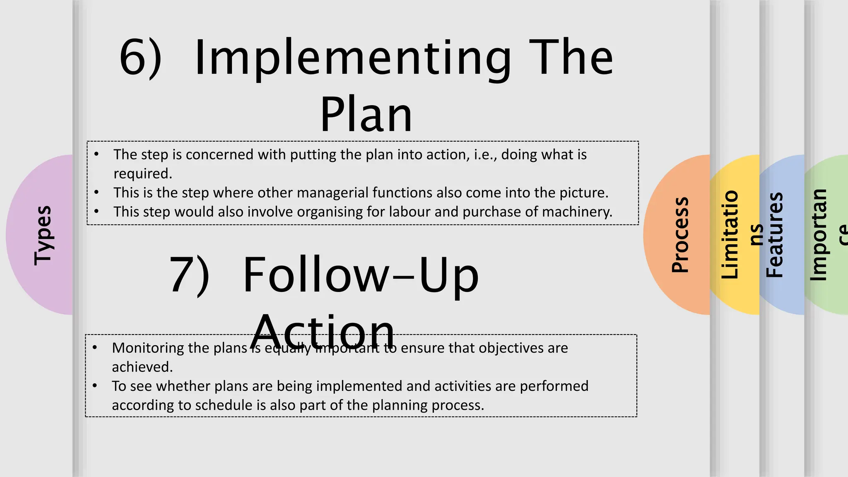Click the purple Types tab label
click(43, 235)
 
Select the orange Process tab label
click(680, 235)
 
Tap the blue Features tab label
click(774, 235)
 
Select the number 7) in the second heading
click(190, 275)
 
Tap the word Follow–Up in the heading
click(361, 276)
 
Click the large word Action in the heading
click(323, 332)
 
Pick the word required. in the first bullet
click(143, 173)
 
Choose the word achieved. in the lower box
click(142, 367)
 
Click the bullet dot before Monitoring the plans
click(95, 347)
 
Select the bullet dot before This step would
click(96, 212)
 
